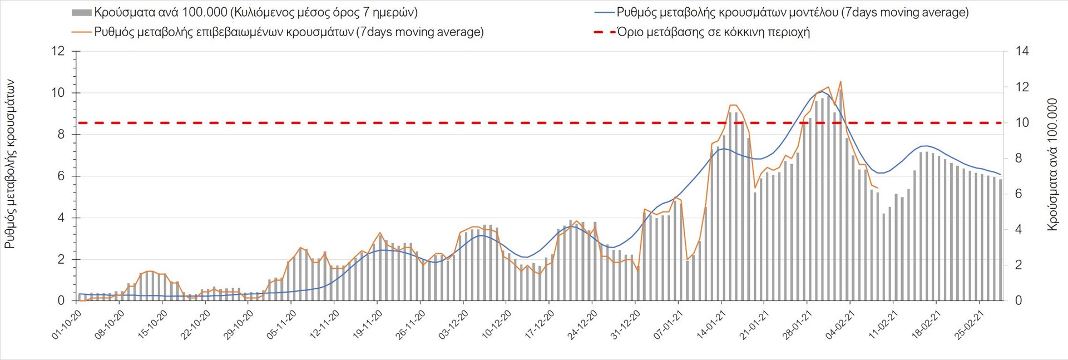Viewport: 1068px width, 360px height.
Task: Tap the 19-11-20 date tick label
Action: pyautogui.click(x=368, y=324)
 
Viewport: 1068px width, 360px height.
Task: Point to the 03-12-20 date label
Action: pyautogui.click(x=454, y=324)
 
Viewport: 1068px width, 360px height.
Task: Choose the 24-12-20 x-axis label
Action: pyautogui.click(x=582, y=324)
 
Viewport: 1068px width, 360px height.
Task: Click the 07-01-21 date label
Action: pyautogui.click(x=669, y=324)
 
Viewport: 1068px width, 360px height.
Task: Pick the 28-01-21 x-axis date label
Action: pyautogui.click(x=797, y=324)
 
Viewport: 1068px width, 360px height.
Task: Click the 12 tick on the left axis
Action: pyautogui.click(x=58, y=51)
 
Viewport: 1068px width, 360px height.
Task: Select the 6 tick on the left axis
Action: pyautogui.click(x=61, y=176)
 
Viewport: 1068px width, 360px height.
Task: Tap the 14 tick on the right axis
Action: pyautogui.click(x=1022, y=51)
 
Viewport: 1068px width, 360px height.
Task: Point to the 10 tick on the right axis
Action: pyautogui.click(x=1022, y=122)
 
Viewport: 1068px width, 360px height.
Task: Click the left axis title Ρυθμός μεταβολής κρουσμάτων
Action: pyautogui.click(x=9, y=164)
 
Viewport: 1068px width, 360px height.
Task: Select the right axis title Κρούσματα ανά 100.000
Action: pyautogui.click(x=1052, y=164)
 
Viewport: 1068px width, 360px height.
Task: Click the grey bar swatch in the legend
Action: pyautogui.click(x=81, y=12)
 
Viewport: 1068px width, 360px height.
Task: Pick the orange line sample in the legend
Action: pyautogui.click(x=81, y=32)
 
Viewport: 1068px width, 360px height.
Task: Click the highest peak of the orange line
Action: pyautogui.click(x=840, y=82)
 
